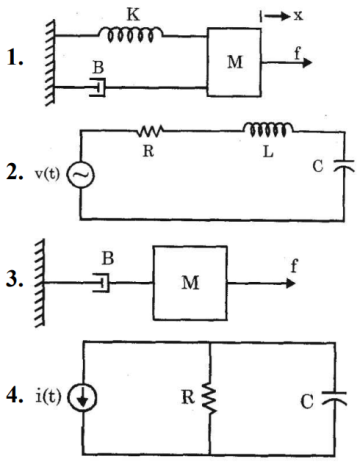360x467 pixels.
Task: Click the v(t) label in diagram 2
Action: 46,176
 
